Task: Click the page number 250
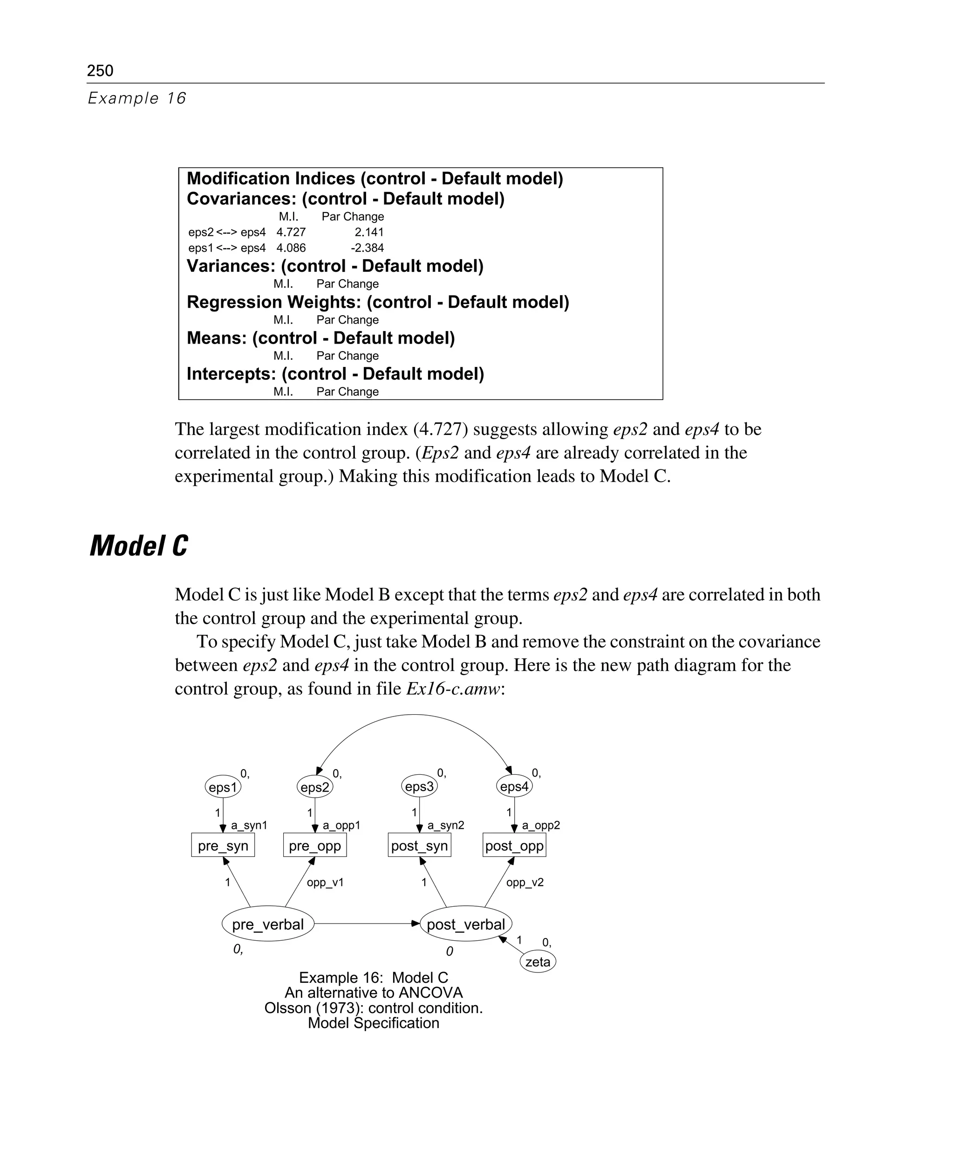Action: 100,70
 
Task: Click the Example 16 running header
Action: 137,98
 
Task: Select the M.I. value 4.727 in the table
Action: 291,232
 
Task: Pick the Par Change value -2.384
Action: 367,248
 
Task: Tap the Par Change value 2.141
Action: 369,232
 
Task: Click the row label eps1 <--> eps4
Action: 226,248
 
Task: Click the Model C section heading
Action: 138,546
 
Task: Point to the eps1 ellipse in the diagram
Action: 223,787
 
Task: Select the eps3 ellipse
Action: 419,786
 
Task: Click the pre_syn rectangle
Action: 223,845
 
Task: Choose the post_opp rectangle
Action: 514,845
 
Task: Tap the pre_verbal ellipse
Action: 268,924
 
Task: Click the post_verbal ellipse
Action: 465,924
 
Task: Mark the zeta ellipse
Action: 538,961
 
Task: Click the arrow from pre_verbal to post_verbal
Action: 366,924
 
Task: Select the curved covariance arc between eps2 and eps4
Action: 415,715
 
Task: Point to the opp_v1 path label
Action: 325,882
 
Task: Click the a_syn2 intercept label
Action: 446,825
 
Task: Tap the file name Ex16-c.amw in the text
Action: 453,689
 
